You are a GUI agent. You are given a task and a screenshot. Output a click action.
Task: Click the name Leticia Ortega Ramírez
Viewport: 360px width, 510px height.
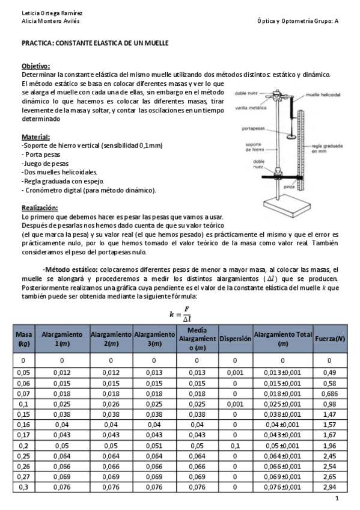[43, 13]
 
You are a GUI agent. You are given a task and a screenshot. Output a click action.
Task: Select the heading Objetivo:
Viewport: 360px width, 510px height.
[35, 66]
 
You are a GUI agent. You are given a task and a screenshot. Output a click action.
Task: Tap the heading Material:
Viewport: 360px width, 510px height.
[35, 137]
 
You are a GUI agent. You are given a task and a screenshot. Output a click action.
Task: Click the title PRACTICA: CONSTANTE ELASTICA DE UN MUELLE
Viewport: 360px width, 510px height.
[95, 44]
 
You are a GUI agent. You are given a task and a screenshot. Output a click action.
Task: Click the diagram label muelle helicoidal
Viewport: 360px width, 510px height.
[323, 95]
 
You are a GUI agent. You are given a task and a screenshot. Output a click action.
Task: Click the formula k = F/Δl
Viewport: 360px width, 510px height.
[180, 315]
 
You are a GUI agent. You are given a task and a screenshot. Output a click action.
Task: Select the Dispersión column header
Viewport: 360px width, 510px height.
[234, 339]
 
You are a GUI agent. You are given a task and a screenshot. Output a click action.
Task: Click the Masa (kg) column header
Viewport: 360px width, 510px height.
[24, 339]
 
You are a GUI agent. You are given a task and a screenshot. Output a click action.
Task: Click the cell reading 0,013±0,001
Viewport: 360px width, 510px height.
[282, 373]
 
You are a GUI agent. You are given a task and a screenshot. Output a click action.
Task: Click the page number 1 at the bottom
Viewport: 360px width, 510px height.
[337, 499]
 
